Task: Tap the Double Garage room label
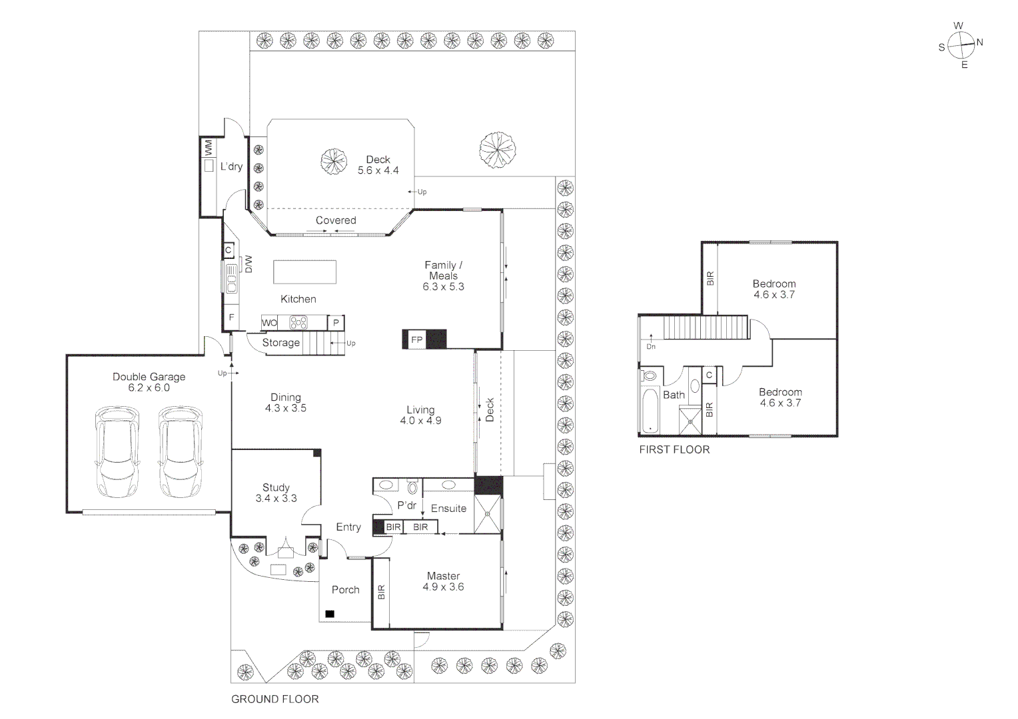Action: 149,377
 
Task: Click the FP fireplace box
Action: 417,340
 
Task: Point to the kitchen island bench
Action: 304,272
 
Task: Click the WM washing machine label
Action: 208,146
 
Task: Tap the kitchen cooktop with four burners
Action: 298,323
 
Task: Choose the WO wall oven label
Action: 269,323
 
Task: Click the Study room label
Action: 276,487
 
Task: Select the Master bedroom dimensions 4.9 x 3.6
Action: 443,587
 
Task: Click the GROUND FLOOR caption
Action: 274,699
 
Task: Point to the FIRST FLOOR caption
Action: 674,449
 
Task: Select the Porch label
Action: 345,590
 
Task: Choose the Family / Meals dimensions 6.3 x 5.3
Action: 443,287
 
